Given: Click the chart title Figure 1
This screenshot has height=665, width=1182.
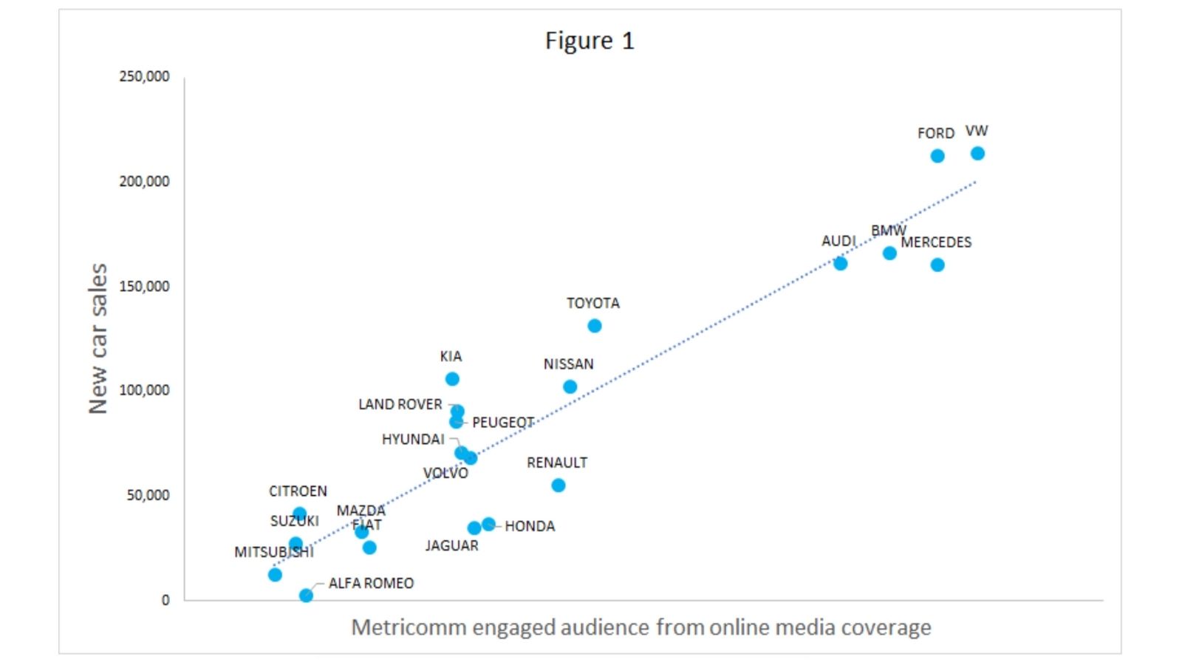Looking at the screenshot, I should click(x=590, y=41).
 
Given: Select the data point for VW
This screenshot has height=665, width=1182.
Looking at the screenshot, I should click(x=977, y=154).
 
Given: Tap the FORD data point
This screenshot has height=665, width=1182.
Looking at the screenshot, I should click(x=937, y=156).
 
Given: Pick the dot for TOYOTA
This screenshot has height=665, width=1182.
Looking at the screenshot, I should click(x=595, y=326).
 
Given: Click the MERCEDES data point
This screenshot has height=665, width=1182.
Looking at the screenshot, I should click(x=937, y=265).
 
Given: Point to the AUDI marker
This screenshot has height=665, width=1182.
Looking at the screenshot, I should click(x=840, y=263).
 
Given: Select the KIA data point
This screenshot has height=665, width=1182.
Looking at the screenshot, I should click(x=452, y=379).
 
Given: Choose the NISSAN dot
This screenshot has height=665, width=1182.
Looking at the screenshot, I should click(x=570, y=386).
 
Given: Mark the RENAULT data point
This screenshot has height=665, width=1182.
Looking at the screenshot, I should click(x=558, y=485).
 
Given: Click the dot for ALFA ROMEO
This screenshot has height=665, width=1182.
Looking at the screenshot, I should click(x=306, y=595).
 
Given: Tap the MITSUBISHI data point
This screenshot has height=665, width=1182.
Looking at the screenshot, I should click(x=275, y=574).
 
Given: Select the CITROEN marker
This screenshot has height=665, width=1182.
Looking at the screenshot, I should click(x=299, y=514).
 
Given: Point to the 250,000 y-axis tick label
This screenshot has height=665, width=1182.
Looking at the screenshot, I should click(x=144, y=76).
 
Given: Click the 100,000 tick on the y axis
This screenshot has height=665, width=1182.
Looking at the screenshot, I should click(x=144, y=390).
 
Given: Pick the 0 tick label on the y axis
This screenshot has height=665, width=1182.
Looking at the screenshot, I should click(x=165, y=600).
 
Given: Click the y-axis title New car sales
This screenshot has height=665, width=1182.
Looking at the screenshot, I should click(x=98, y=338).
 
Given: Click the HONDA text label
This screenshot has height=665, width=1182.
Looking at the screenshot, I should click(x=530, y=526).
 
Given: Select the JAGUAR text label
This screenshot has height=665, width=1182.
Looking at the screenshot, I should click(x=451, y=545).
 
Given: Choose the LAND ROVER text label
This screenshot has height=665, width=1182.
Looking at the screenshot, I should click(x=400, y=404).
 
